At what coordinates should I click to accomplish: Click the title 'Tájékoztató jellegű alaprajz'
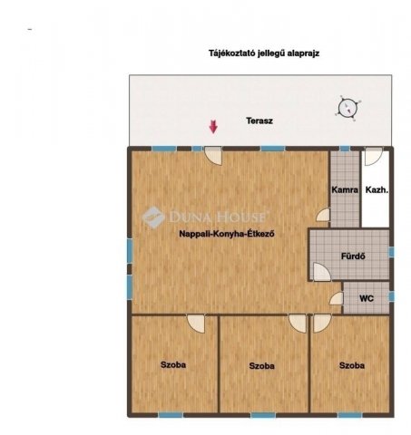pyautogui.click(x=264, y=53)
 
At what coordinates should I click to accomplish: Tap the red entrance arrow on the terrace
pyautogui.click(x=213, y=127)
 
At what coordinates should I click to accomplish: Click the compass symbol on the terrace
pyautogui.click(x=347, y=108)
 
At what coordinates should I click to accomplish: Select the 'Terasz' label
pyautogui.click(x=259, y=121)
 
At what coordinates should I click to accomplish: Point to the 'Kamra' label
pyautogui.click(x=345, y=189)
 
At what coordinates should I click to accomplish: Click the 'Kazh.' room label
pyautogui.click(x=377, y=189)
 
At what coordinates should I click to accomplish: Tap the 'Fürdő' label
pyautogui.click(x=353, y=256)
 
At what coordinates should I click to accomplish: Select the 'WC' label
pyautogui.click(x=367, y=298)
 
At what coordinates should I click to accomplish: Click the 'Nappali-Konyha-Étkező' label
pyautogui.click(x=227, y=234)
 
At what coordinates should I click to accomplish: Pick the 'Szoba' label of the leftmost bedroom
pyautogui.click(x=173, y=365)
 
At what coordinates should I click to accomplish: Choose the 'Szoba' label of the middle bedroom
pyautogui.click(x=262, y=366)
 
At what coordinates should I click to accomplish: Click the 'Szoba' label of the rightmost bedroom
pyautogui.click(x=352, y=365)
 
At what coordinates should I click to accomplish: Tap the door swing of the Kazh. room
pyautogui.click(x=373, y=156)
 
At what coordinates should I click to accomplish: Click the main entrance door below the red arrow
pyautogui.click(x=213, y=156)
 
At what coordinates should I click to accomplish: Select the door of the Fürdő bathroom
pyautogui.click(x=322, y=272)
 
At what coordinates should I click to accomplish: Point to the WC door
pyautogui.click(x=337, y=298)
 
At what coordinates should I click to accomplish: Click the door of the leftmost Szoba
pyautogui.click(x=196, y=324)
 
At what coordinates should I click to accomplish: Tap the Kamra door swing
pyautogui.click(x=323, y=215)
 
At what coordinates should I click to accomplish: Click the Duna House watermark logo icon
pyautogui.click(x=153, y=217)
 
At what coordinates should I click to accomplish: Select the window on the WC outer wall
pyautogui.click(x=391, y=296)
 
